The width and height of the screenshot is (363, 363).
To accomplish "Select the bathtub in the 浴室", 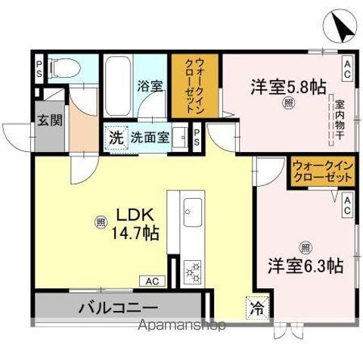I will [117, 86].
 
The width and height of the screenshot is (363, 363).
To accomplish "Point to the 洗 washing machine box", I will [115, 138].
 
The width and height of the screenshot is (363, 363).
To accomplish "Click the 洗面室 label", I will [149, 138].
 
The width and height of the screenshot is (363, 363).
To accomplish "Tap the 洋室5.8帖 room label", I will [278, 86].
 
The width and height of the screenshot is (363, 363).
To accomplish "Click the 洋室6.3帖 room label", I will [305, 265].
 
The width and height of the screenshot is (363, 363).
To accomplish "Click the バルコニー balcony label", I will [116, 309].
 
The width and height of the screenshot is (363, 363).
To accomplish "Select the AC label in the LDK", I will [152, 281].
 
